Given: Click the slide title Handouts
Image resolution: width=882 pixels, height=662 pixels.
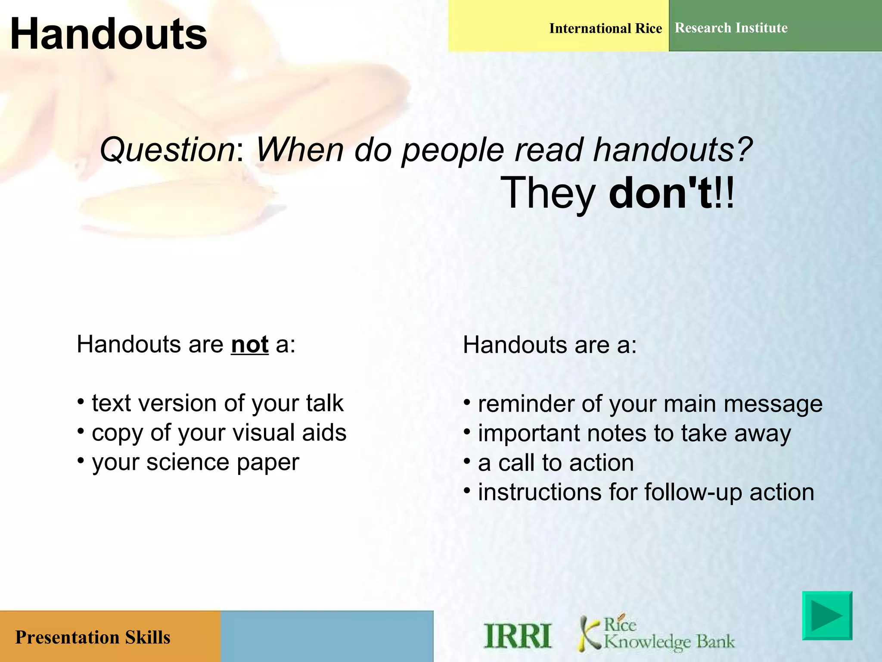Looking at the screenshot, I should [x=108, y=34].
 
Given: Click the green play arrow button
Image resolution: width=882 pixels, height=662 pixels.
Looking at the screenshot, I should [x=827, y=615].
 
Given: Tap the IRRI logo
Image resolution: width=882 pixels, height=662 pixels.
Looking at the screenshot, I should [x=518, y=636].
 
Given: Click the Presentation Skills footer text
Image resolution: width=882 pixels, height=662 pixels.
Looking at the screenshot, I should [x=93, y=637].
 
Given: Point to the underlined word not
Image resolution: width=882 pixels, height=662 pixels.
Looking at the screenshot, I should [x=250, y=344].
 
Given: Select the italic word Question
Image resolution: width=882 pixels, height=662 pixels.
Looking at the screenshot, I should [x=167, y=150].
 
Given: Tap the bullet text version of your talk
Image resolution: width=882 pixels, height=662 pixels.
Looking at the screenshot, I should [x=217, y=403].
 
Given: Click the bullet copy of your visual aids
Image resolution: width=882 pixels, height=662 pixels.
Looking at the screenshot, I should [x=219, y=433].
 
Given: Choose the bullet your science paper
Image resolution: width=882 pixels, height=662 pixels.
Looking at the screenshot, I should [x=195, y=462].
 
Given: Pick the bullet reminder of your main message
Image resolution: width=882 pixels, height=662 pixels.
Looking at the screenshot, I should [x=650, y=404].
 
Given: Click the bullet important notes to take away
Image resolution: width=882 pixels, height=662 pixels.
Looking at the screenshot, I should [x=634, y=434].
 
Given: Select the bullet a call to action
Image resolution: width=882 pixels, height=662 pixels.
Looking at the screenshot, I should [x=556, y=463].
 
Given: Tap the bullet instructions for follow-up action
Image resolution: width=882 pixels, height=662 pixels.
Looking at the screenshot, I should [x=646, y=492].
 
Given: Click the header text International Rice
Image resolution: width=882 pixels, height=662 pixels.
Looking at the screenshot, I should [x=606, y=28].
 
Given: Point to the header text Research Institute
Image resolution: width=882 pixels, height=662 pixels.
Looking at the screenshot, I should [x=731, y=28].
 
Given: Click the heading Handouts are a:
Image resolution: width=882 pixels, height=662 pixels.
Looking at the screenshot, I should [x=550, y=345].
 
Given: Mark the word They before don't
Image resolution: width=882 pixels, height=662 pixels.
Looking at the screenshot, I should [x=548, y=194].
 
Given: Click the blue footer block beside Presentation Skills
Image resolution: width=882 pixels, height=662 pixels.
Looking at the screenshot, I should [x=327, y=637].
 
